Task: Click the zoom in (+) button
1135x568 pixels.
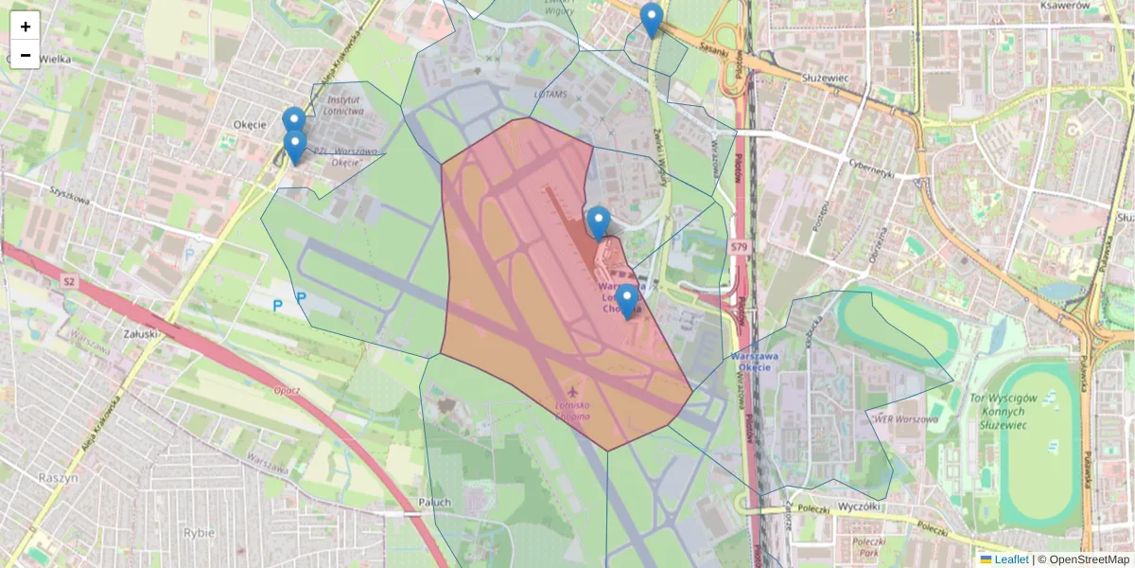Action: (26, 27)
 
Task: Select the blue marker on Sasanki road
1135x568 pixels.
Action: (651, 20)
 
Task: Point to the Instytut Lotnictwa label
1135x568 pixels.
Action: (344, 104)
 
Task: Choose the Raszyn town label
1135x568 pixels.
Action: (59, 477)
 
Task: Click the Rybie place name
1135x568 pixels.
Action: (200, 532)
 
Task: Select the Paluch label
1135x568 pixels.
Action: (434, 502)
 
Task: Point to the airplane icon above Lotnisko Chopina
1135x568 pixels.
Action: (571, 391)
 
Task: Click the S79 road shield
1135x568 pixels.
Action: (740, 247)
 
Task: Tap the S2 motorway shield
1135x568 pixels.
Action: (69, 281)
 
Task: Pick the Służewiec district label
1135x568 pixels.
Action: (827, 77)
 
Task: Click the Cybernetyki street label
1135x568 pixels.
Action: (871, 174)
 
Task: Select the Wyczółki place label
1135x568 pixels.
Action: (860, 506)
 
